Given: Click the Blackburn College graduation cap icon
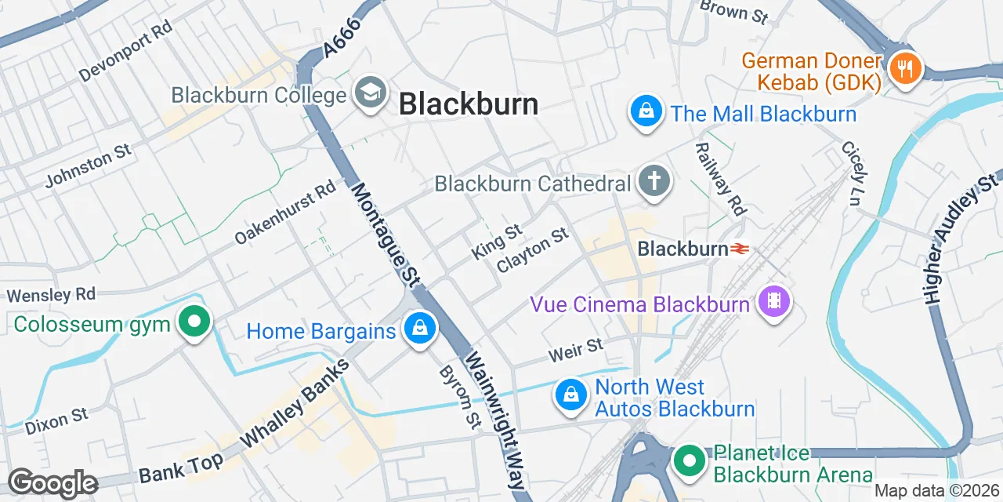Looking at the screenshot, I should pos(370,93).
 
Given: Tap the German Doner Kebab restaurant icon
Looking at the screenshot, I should pos(905,67).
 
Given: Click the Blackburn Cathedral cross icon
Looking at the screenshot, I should pos(654,182).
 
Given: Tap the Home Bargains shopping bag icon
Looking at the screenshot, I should pos(420,329).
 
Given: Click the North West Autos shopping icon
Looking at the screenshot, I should pos(572,395).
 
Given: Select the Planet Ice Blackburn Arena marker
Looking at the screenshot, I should pos(690,461).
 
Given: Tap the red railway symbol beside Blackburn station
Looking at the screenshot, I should pos(740,249).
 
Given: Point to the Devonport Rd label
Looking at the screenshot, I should pos(125,51).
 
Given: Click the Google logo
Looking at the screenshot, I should pos(53,484).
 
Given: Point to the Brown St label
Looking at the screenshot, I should pos(733,10).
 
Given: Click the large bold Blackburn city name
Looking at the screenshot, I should pos(469,104).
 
